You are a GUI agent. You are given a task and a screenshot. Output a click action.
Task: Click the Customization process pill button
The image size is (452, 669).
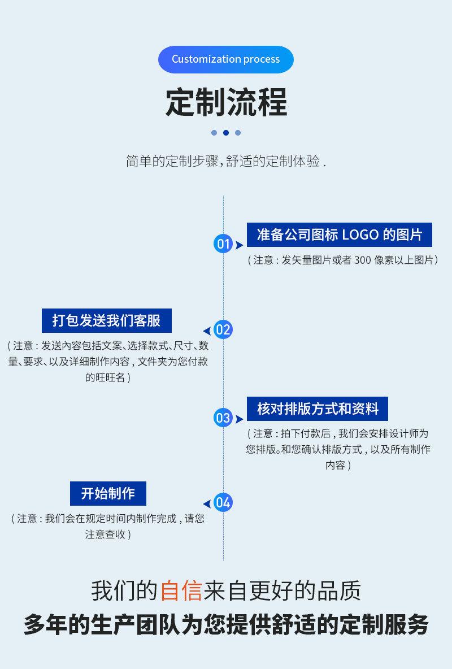(225, 59)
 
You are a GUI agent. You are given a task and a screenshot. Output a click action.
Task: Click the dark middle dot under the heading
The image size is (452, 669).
(226, 133)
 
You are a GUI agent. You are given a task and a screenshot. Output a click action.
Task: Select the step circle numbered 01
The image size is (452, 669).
(223, 244)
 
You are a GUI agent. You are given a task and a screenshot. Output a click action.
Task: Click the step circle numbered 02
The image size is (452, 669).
(223, 330)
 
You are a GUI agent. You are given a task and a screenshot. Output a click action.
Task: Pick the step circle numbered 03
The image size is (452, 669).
(223, 418)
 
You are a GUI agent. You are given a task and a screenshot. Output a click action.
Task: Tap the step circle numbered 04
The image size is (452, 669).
(223, 502)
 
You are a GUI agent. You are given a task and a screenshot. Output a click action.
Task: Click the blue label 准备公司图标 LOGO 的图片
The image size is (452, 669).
(339, 234)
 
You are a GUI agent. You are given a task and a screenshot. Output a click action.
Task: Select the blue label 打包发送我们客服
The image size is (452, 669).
(107, 320)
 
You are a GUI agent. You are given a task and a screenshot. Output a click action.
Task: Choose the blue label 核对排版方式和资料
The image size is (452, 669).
(318, 409)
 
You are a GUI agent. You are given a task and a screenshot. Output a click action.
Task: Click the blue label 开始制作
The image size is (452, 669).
(108, 493)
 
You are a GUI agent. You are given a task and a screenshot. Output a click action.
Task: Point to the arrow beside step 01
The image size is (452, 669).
(239, 245)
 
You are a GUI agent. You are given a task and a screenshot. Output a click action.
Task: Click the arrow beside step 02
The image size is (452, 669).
(207, 331)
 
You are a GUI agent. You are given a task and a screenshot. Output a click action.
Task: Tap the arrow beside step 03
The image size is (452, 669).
(239, 419)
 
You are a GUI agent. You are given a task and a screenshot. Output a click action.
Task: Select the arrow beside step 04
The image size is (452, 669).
(207, 503)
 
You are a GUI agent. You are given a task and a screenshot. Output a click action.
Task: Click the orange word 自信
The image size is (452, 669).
(181, 591)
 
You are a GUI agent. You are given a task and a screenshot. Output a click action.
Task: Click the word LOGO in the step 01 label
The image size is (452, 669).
(360, 234)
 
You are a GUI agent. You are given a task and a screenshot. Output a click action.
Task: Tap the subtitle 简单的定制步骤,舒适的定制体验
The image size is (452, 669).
(225, 161)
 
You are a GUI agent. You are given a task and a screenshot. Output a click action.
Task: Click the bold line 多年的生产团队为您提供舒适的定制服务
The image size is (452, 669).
(226, 624)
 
